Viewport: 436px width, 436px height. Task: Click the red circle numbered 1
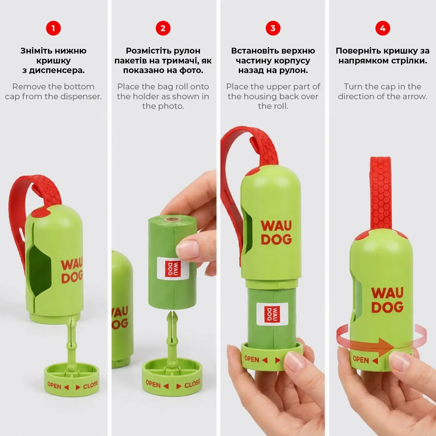coord(53,28)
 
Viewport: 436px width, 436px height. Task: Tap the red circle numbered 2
coord(163,28)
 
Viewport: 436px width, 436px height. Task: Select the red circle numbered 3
coord(273,28)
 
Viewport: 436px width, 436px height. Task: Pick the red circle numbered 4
coord(383,28)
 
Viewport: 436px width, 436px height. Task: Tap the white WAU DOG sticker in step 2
coord(173,268)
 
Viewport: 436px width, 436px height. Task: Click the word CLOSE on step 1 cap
coord(90,385)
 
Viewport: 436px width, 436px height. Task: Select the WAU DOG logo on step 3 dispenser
coord(276,232)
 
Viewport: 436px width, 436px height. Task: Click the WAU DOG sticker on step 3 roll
coord(272,314)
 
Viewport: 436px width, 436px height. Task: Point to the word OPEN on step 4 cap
coord(361,359)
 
